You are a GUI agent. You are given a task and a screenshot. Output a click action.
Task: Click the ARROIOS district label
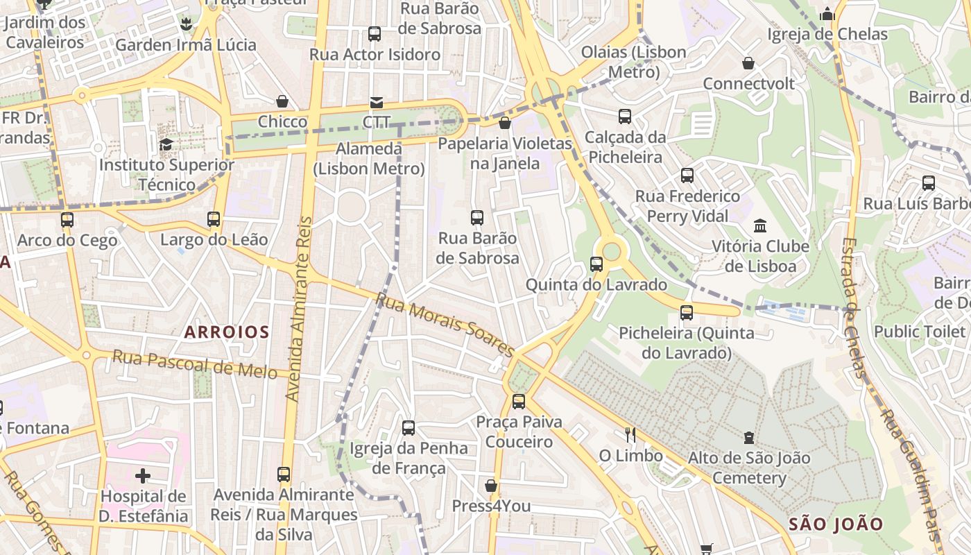pyautogui.click(x=227, y=332)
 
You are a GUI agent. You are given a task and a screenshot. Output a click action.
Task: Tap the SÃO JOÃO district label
pyautogui.click(x=836, y=524)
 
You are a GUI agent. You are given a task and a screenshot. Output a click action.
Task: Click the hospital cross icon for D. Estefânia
pyautogui.click(x=143, y=476)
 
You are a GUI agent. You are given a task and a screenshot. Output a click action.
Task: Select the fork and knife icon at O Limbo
pyautogui.click(x=630, y=435)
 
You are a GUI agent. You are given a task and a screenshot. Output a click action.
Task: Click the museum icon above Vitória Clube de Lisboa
pyautogui.click(x=760, y=226)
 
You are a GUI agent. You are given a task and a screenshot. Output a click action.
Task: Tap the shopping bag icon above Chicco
pyautogui.click(x=282, y=101)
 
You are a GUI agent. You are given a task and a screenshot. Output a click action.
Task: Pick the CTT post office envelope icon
pyautogui.click(x=376, y=103)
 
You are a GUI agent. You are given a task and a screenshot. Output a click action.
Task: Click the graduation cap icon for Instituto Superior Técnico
pyautogui.click(x=166, y=144)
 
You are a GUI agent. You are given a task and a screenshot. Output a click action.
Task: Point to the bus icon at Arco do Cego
pyautogui.click(x=67, y=220)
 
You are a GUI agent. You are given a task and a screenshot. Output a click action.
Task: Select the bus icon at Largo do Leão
pyautogui.click(x=214, y=219)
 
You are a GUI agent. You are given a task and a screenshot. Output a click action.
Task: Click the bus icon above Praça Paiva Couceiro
pyautogui.click(x=519, y=401)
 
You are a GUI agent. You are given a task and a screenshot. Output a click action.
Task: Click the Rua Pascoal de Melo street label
pyautogui.click(x=195, y=364)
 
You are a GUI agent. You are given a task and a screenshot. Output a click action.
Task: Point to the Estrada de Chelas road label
pyautogui.click(x=852, y=308)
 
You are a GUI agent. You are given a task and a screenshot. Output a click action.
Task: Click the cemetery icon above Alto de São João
pyautogui.click(x=749, y=438)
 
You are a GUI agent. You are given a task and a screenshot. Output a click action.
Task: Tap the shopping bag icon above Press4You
pyautogui.click(x=491, y=486)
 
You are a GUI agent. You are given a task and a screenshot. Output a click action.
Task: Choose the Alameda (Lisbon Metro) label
pyautogui.click(x=369, y=159)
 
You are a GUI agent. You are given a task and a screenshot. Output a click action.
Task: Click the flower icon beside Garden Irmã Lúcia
pyautogui.click(x=186, y=25)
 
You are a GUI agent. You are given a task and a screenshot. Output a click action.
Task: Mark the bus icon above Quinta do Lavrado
pyautogui.click(x=596, y=264)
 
